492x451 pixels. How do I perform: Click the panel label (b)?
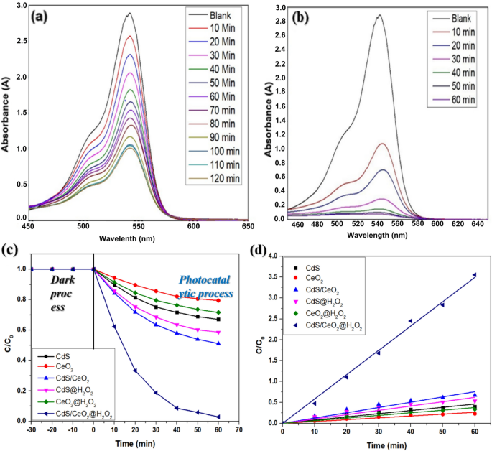(298, 14)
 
